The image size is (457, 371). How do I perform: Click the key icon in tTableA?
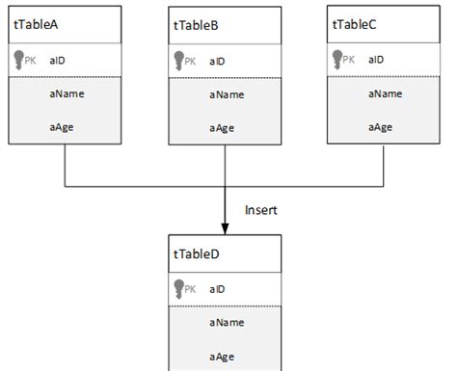(x=19, y=60)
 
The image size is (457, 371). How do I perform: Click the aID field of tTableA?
(x=56, y=60)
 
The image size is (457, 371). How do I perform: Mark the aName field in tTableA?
(x=64, y=94)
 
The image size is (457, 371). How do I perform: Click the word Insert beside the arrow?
(x=261, y=209)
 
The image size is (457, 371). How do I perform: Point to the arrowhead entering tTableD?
(x=225, y=227)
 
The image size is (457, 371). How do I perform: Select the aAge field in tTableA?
(x=62, y=126)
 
